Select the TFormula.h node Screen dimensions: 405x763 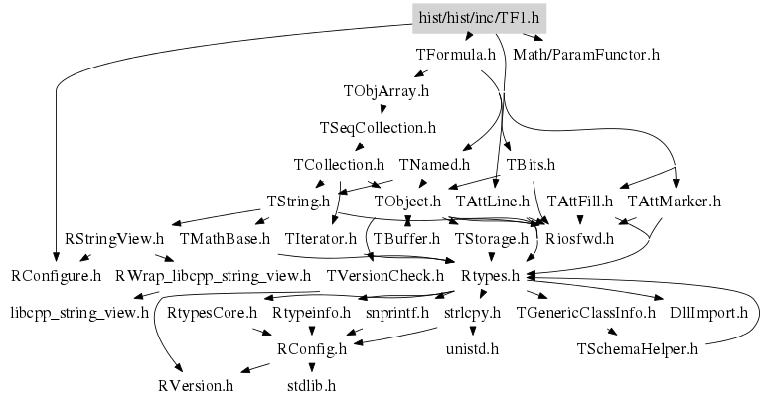click(456, 54)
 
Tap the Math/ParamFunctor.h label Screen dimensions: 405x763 click(586, 54)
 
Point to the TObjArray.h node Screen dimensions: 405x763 click(385, 91)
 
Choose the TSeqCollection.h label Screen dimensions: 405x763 click(378, 128)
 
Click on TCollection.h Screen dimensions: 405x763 click(339, 165)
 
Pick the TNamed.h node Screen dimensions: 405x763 click(434, 165)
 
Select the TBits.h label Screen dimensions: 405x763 click(531, 165)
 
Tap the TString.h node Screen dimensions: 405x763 click(298, 202)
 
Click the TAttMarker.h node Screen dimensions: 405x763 click(675, 202)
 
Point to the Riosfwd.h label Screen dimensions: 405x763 click(581, 238)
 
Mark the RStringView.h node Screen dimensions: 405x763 click(114, 238)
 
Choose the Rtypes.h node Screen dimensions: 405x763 click(491, 275)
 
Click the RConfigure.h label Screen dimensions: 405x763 click(57, 275)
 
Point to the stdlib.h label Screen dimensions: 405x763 click(311, 385)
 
